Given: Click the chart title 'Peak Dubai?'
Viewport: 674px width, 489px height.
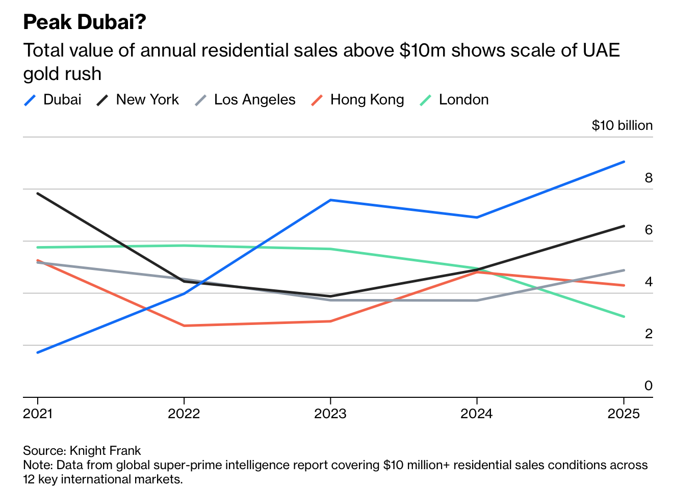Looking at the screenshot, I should point(85,22).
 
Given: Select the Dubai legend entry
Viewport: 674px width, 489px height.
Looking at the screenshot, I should point(53,100).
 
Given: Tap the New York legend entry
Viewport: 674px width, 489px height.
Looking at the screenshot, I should point(138,100).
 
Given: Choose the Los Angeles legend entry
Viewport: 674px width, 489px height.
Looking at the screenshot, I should point(246,100).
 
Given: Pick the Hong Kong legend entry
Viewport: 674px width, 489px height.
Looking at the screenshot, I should point(358,100).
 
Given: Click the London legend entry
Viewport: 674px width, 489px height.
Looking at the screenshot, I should point(454,100).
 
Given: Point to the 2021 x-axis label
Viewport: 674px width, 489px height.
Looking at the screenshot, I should point(38,414).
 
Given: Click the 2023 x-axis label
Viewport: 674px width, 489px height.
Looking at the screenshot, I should point(330,414).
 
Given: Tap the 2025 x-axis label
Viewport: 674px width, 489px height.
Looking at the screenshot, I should point(624,414).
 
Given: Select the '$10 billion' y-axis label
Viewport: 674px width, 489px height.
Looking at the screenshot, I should point(622,126).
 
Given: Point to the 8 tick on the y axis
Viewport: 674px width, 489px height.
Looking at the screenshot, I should point(649,178).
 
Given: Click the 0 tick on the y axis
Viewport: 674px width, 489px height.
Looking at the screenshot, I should point(649,386).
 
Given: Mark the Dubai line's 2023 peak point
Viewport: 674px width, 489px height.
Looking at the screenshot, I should point(330,200).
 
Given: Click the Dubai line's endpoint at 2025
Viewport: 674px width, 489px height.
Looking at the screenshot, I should point(624,162).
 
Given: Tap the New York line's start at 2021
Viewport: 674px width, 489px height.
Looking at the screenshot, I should point(38,194).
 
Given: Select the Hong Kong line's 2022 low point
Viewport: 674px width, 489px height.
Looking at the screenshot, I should point(184,325).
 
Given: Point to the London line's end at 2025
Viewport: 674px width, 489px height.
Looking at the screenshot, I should point(624,316).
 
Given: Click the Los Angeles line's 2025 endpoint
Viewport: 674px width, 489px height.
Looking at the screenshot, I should point(624,270).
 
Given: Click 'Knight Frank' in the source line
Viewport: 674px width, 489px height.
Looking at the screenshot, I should point(105,451).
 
